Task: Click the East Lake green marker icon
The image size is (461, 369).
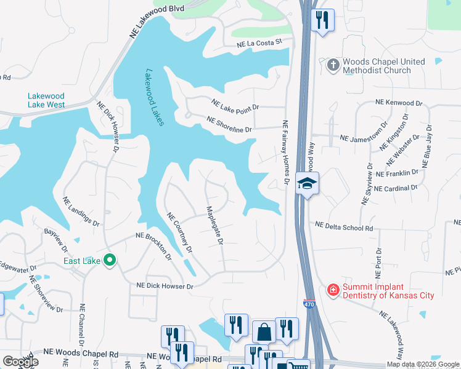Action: pyautogui.click(x=110, y=261)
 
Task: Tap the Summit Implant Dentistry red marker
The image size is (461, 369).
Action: pyautogui.click(x=332, y=289)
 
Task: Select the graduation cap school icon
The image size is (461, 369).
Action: pyautogui.click(x=307, y=183)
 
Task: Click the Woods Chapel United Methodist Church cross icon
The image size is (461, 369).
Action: pyautogui.click(x=333, y=66)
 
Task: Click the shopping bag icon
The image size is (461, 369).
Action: pyautogui.click(x=264, y=331)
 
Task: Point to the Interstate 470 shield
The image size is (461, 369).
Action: pyautogui.click(x=308, y=304)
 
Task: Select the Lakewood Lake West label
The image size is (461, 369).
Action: pyautogui.click(x=46, y=100)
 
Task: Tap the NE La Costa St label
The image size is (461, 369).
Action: pyautogui.click(x=259, y=42)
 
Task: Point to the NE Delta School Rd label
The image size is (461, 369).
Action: pyautogui.click(x=344, y=228)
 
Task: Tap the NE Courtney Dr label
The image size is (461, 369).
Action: pyautogui.click(x=180, y=233)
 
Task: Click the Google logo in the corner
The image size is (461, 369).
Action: pyautogui.click(x=20, y=362)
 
